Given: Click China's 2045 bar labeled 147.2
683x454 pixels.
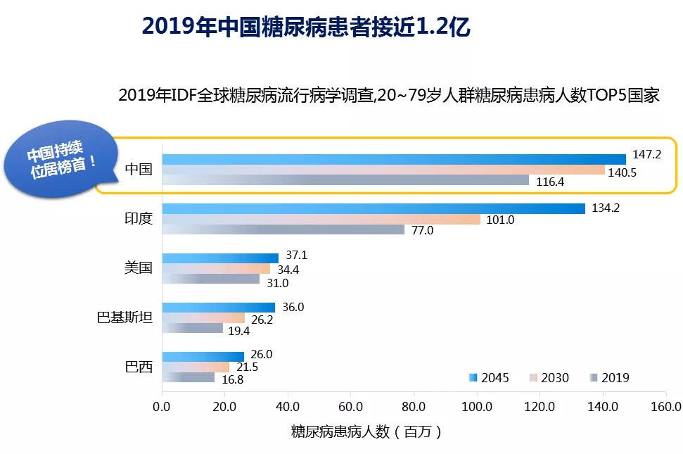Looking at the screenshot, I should click(394, 159).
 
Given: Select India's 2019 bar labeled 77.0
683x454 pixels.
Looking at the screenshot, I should click(283, 229).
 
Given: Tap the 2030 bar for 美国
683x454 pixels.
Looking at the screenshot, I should click(216, 269).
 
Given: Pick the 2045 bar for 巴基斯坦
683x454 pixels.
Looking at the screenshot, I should click(219, 308).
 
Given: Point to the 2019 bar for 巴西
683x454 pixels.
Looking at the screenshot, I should click(189, 377).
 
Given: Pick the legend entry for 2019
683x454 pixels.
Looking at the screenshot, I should click(608, 378).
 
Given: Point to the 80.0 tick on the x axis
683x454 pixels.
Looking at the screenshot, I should click(414, 406).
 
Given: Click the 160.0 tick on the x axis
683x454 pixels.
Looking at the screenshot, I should click(666, 406).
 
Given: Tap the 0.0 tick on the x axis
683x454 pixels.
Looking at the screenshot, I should click(162, 406).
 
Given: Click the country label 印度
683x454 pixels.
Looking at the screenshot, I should click(138, 219).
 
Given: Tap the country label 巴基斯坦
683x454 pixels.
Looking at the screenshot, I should click(124, 317).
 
